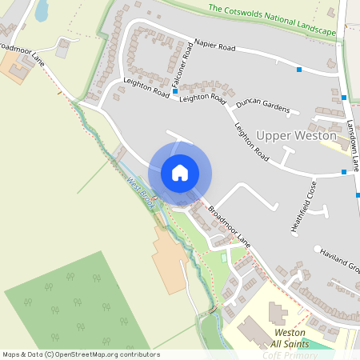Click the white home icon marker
coord(180,172)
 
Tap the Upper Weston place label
coord(296,137)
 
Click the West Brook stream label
coord(141,190)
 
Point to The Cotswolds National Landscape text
coord(272,20)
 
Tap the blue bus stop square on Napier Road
coord(299,70)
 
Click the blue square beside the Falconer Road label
coord(175,92)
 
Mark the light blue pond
coord(41,10)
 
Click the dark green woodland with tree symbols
coord(76,300)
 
